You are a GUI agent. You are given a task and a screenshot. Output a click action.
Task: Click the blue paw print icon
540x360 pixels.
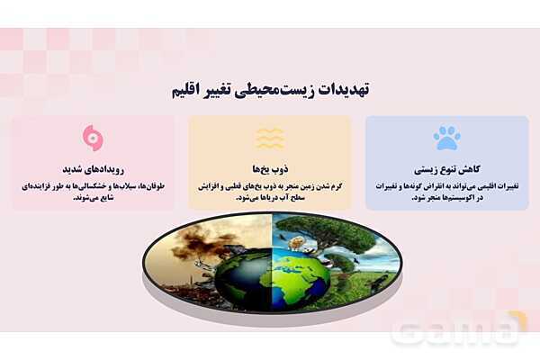click(446, 137)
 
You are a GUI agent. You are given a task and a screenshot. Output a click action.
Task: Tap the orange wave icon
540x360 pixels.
click(269, 138)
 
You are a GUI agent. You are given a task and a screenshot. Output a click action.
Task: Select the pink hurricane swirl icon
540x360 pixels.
click(92, 138)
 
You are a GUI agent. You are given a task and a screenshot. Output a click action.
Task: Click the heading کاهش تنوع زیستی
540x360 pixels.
click(446, 168)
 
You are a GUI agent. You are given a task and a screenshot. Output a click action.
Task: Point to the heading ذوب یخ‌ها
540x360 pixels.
click(269, 168)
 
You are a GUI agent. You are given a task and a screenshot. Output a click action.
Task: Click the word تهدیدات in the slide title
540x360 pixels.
click(346, 90)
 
